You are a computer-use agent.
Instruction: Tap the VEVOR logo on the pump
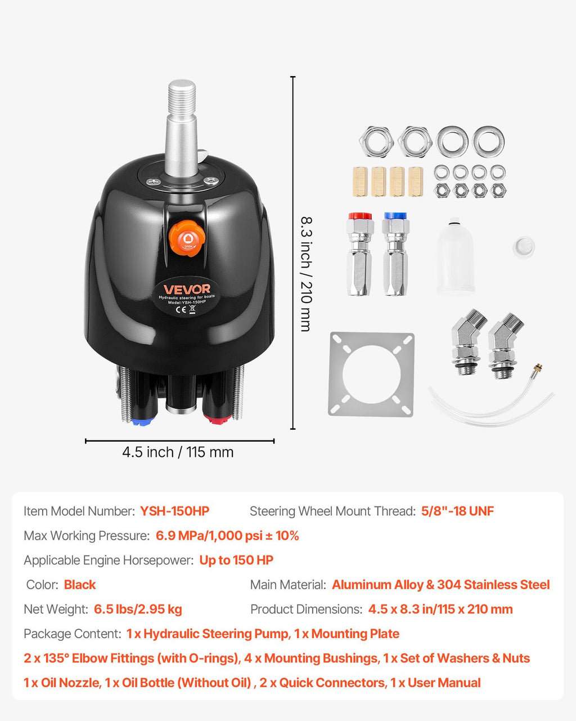coord(187,289)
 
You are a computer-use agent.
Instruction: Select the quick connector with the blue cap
coord(395,254)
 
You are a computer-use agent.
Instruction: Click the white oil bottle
coord(455,256)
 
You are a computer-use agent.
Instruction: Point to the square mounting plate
coord(371,374)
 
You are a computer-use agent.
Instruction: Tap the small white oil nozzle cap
coord(524,247)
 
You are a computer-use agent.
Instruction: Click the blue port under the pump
coord(143,421)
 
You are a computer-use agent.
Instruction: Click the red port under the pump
coord(218,419)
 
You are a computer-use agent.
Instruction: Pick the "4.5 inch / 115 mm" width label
coord(178,452)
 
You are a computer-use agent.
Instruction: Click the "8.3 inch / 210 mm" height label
coord(307,274)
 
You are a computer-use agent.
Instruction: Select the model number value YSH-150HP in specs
coord(174,511)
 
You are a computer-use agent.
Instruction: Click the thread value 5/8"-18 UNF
coord(457,511)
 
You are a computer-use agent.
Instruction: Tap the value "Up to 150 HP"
coord(236,560)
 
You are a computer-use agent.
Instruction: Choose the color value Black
coord(80,584)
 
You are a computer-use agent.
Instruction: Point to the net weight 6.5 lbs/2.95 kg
coord(138,609)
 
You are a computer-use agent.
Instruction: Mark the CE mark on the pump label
coord(181,310)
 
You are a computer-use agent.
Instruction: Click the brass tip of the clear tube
coord(538,367)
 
